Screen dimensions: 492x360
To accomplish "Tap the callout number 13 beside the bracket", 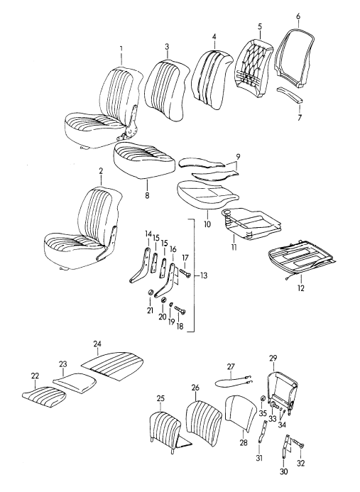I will point(204,275).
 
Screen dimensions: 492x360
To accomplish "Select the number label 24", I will point(96,344).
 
